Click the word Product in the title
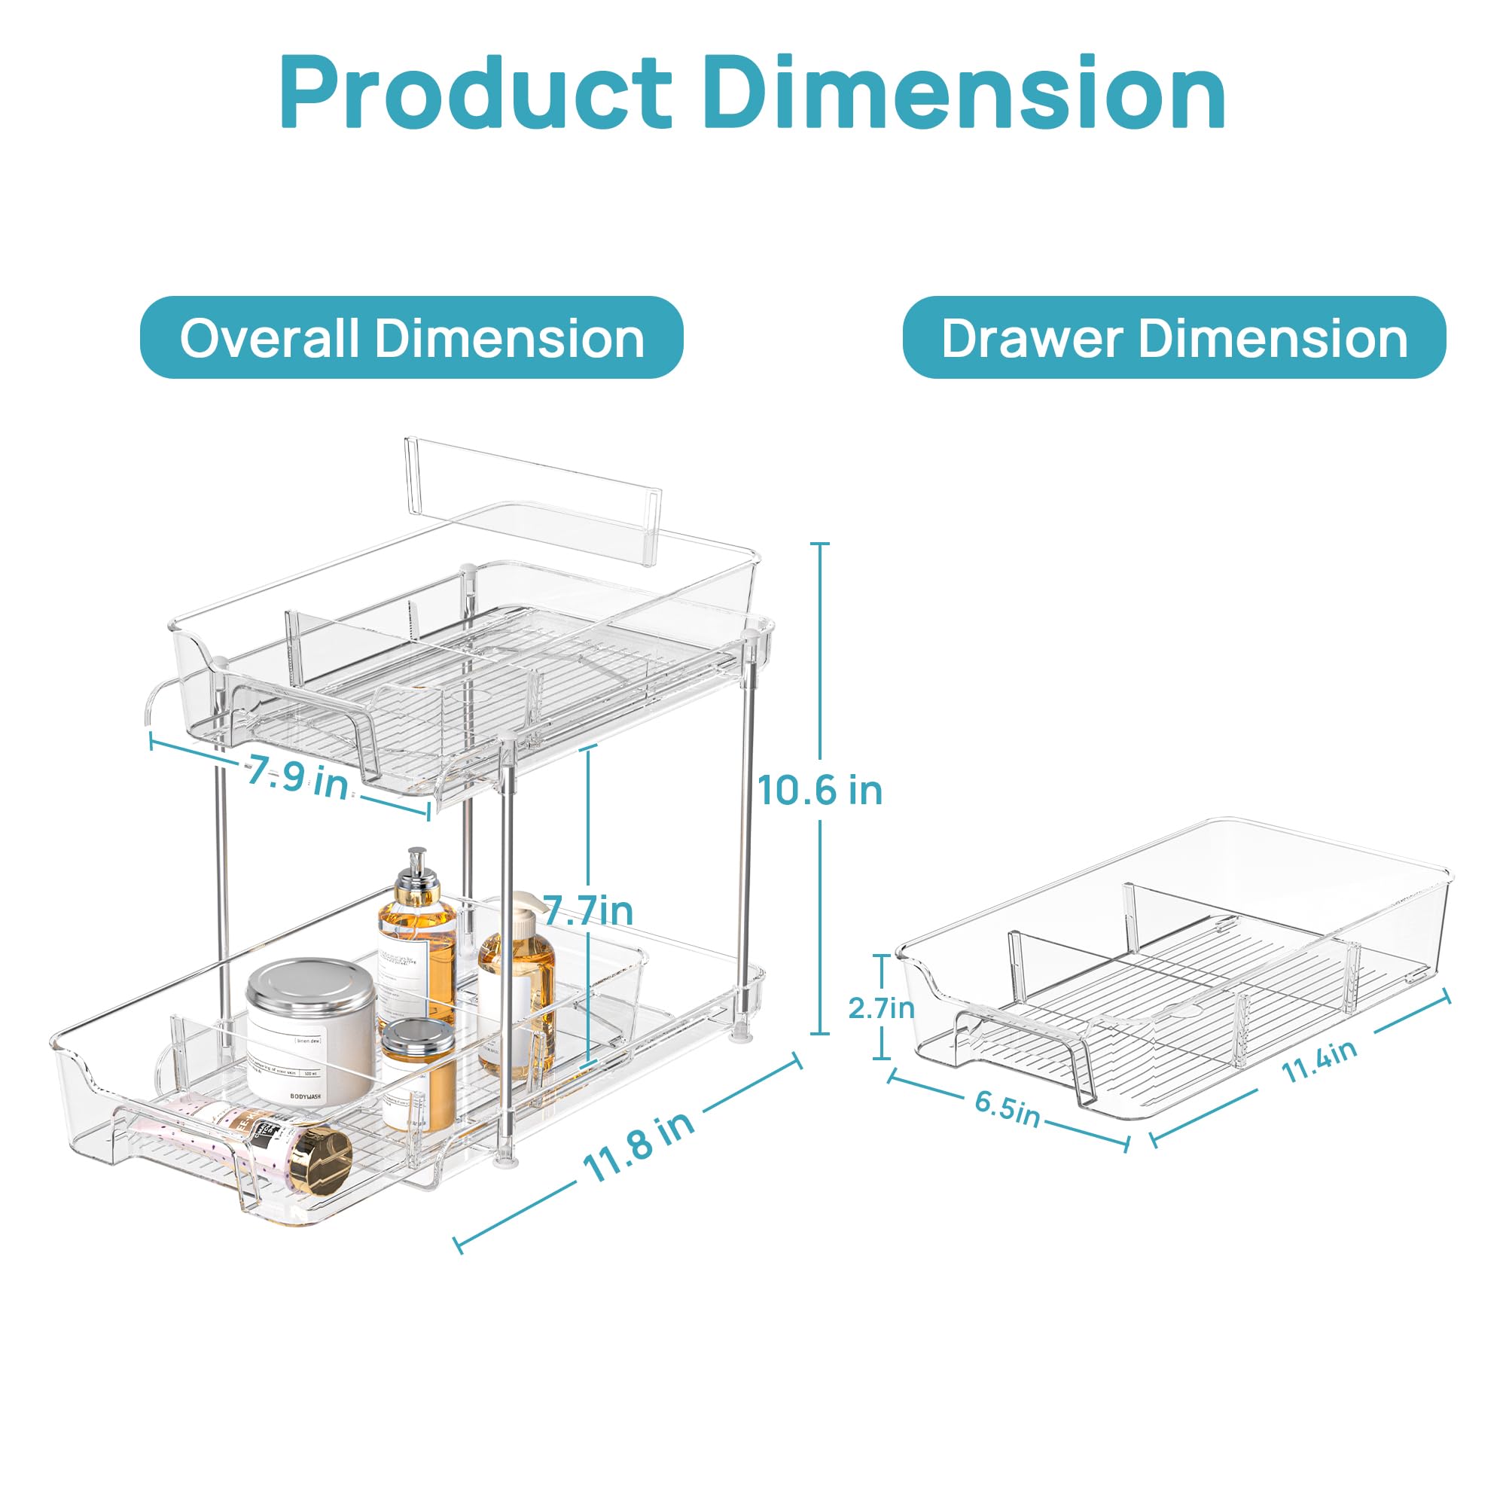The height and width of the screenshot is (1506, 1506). pos(474,93)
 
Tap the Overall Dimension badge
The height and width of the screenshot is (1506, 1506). pos(411,337)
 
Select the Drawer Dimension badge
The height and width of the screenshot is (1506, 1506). pos(1174,337)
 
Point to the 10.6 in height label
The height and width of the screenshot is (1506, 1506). pos(819,791)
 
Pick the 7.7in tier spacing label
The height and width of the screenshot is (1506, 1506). pos(589,910)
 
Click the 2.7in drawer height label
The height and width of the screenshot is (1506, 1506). pos(881,1008)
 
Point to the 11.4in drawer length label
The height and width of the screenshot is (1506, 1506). pos(1319,1062)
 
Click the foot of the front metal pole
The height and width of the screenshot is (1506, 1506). pos(508,1165)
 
